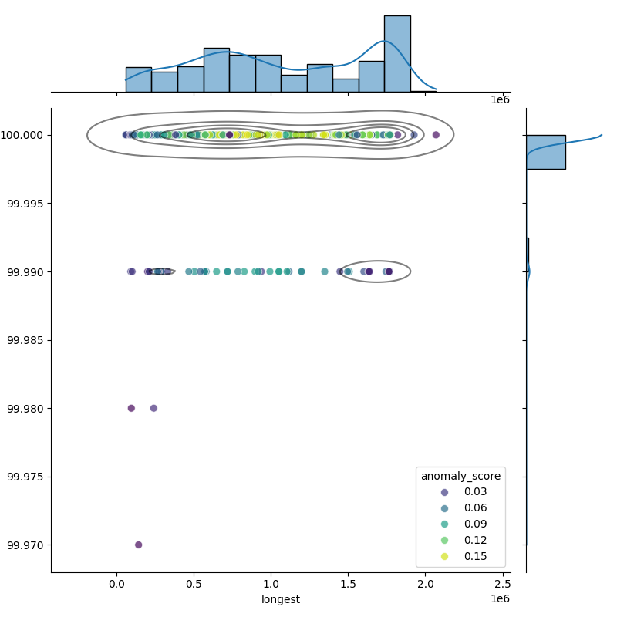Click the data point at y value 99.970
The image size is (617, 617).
pos(139,545)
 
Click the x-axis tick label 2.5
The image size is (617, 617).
pos(503,585)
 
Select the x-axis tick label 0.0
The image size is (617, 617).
pos(116,585)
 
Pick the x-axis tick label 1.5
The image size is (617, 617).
pos(348,585)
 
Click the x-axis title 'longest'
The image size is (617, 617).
pos(281,599)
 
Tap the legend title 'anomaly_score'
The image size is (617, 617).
pos(460,477)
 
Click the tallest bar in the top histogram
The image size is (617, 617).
pos(397,54)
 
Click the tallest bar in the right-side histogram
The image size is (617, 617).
pos(545,152)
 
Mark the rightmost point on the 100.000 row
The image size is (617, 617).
pos(436,135)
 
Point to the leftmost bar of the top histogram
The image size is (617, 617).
pos(138,79)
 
